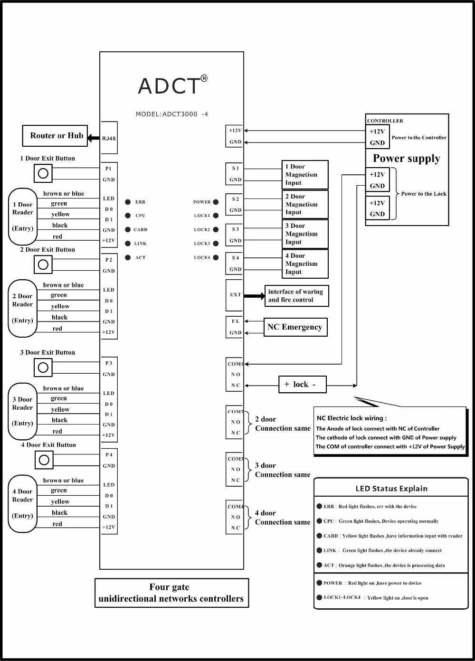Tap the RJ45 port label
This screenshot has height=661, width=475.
point(109,139)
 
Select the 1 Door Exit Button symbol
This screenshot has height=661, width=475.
point(43,174)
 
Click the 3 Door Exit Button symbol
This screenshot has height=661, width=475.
point(43,368)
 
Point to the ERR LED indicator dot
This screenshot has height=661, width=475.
point(128,202)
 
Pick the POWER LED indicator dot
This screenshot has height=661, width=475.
point(216,202)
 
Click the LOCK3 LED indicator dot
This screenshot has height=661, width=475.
point(216,244)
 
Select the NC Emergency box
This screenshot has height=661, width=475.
point(295,327)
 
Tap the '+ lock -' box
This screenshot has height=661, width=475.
point(302,385)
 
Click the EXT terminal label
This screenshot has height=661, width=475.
point(235,295)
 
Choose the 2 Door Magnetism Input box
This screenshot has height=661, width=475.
point(304,205)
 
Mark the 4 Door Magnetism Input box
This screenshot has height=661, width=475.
point(304,264)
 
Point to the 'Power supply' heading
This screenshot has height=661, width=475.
point(406,159)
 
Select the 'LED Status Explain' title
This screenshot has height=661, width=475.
point(391,489)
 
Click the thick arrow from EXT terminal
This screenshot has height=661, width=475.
point(254,296)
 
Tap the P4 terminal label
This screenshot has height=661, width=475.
point(109,455)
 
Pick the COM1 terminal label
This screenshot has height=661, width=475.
point(235,364)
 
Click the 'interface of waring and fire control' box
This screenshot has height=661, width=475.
point(296,296)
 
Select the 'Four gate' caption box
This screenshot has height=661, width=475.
point(171,593)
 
